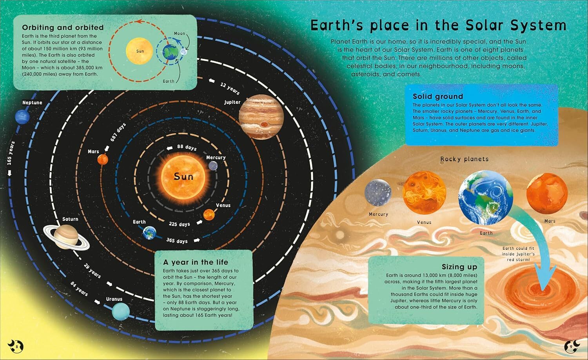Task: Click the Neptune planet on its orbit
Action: (x=22, y=116)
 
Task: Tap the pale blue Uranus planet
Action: (x=121, y=312)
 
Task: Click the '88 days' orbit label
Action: (x=187, y=147)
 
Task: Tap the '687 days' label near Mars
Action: (x=118, y=132)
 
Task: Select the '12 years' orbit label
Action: (x=230, y=89)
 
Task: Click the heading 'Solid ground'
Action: (x=438, y=96)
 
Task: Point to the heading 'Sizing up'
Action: (x=459, y=267)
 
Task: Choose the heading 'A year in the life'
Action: (x=196, y=262)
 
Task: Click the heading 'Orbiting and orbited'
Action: (x=63, y=27)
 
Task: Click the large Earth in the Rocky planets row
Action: (x=486, y=197)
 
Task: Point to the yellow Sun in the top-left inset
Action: (x=140, y=51)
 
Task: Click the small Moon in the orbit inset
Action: (x=184, y=52)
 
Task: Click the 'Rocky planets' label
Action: (x=465, y=159)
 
